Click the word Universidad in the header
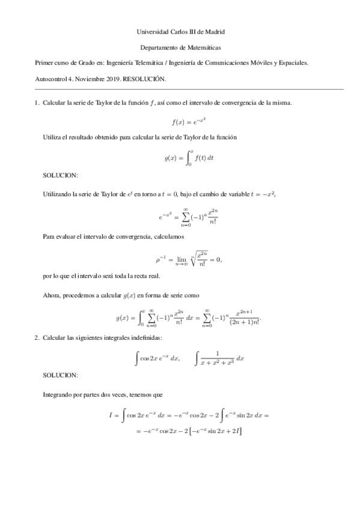(x=153, y=31)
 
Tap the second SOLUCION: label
(x=61, y=374)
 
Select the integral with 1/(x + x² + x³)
(x=220, y=358)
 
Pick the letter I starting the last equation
(x=111, y=414)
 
